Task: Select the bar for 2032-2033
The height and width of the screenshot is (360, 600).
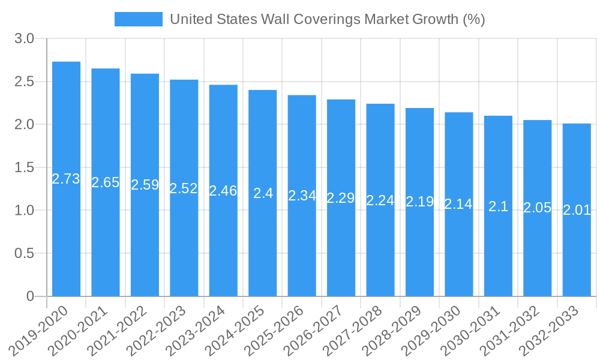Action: tap(577, 210)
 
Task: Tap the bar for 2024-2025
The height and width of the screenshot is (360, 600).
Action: tap(263, 193)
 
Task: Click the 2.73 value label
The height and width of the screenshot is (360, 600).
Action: tap(66, 179)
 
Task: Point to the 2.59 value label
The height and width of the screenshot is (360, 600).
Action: tap(145, 185)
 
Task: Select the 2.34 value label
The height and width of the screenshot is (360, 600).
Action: tap(302, 196)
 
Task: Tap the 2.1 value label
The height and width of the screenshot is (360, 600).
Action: tap(498, 206)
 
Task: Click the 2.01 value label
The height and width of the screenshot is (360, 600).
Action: tap(577, 210)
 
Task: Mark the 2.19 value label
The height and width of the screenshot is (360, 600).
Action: tap(419, 202)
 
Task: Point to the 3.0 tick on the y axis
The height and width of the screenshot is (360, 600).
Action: tap(24, 39)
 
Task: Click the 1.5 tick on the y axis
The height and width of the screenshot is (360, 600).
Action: tap(24, 167)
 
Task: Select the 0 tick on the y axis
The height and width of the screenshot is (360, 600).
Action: tap(31, 296)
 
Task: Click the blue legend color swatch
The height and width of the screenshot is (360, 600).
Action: tap(138, 19)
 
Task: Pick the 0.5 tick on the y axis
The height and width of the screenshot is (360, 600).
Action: tap(24, 253)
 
